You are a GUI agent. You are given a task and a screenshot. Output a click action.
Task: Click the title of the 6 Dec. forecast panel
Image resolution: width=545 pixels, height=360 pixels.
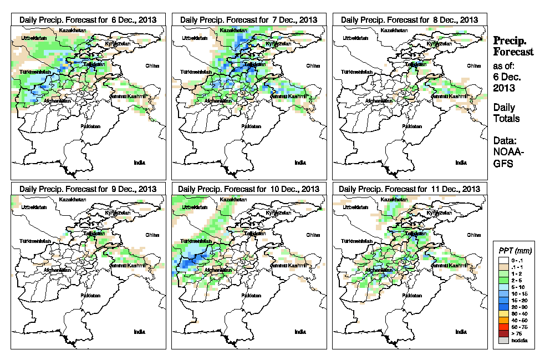(x=88, y=19)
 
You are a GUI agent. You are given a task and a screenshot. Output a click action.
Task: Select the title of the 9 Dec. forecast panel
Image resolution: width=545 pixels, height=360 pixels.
(x=88, y=189)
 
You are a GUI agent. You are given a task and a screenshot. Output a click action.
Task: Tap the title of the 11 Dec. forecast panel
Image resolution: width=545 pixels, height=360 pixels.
(x=409, y=189)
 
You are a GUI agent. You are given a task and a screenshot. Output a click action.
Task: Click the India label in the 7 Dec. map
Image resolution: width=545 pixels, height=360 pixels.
(x=300, y=163)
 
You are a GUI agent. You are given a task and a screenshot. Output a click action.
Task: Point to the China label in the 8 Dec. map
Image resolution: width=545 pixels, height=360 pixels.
(x=473, y=65)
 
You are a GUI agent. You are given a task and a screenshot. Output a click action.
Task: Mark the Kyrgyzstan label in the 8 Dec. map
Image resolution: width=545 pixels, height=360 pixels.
(x=439, y=43)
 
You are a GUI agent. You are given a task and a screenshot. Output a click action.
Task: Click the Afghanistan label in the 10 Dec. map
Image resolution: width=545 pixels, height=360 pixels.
(x=219, y=271)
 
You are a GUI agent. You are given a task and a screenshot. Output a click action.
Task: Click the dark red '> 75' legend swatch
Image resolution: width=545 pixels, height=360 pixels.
(x=503, y=333)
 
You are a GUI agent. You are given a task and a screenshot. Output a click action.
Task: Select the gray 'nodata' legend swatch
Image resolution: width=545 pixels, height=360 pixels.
(x=503, y=340)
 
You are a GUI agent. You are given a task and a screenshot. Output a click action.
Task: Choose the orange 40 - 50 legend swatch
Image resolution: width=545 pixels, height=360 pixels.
(x=503, y=321)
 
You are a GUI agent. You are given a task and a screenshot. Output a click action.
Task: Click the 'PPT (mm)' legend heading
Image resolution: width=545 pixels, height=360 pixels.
(x=515, y=251)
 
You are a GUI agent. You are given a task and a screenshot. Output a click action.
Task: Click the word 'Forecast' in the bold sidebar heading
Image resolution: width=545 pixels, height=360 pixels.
(x=514, y=52)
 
